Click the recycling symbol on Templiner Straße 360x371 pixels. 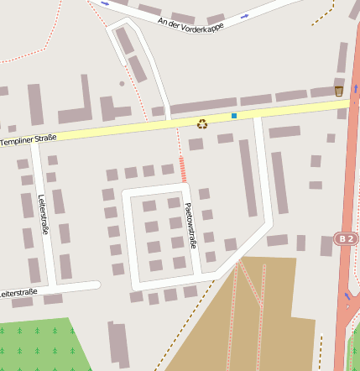tap(202, 123)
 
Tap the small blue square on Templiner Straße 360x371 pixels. tap(234, 115)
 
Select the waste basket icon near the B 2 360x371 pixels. tap(339, 91)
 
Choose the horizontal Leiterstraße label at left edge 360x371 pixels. tap(18, 293)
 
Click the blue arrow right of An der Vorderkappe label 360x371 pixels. tap(244, 16)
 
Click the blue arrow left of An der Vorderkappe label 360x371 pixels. tap(105, 3)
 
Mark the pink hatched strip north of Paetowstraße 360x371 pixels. tap(182, 169)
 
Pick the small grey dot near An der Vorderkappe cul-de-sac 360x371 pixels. tap(122, 83)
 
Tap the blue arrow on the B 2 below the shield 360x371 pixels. tap(347, 295)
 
